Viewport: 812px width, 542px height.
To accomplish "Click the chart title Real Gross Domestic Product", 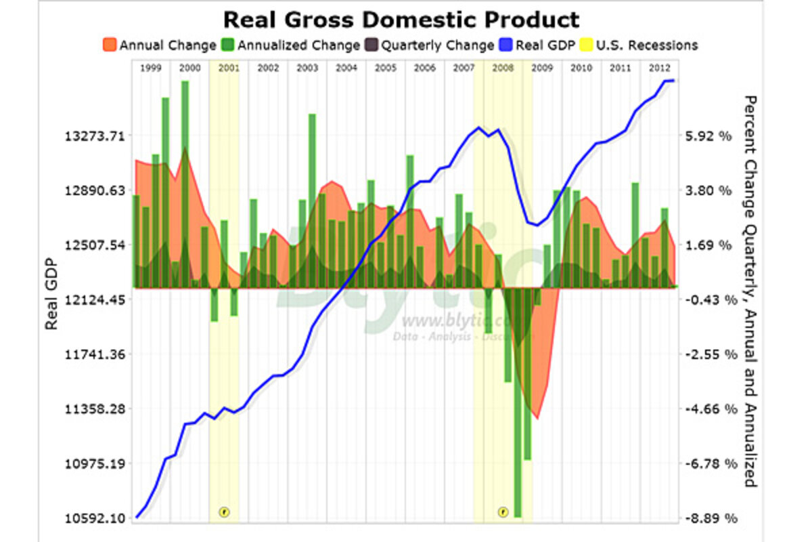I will [x=401, y=19].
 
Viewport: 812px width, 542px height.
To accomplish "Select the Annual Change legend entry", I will [x=160, y=46].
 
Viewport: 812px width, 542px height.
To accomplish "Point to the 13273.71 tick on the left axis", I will [x=95, y=135].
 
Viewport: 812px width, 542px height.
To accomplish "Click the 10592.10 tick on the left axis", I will [x=95, y=519].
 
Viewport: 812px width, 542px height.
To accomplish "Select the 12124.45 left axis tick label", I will [x=95, y=299].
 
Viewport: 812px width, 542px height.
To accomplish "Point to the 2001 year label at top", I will [x=229, y=68].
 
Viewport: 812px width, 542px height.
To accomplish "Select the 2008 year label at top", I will [x=503, y=68].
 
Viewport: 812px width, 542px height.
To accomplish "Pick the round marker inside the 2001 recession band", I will [x=225, y=512].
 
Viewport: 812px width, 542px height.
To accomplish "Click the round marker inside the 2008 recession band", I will [x=503, y=512].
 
